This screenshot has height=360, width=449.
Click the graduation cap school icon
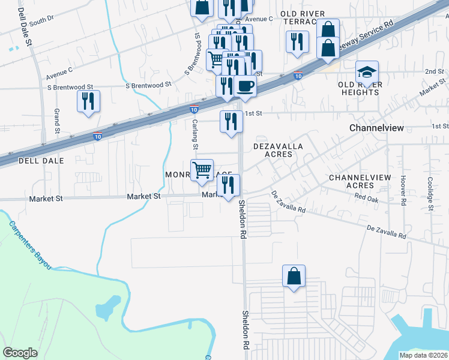[x=367, y=73]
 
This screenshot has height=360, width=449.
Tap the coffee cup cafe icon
[x=245, y=86]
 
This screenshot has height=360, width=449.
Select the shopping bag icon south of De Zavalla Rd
[x=294, y=277]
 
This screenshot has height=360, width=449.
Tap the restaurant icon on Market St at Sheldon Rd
[x=229, y=185]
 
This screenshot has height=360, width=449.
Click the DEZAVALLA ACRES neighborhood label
[x=277, y=150]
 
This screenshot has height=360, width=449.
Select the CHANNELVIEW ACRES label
[x=360, y=182]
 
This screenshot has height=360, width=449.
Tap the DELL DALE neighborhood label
[x=25, y=161]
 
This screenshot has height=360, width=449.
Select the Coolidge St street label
[x=430, y=193]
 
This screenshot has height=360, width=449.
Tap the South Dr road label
[x=41, y=22]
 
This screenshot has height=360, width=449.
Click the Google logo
[x=20, y=352]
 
